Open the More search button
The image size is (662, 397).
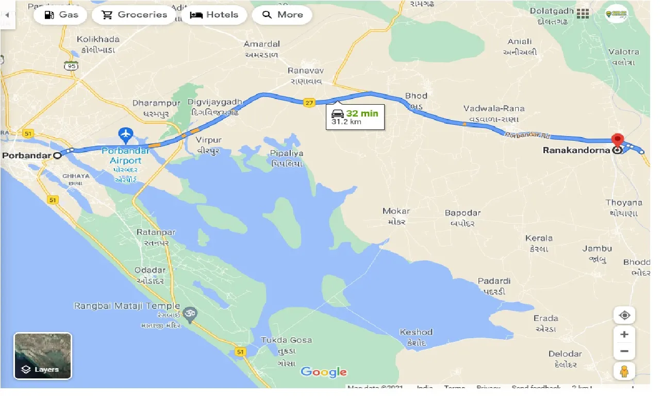point(282,15)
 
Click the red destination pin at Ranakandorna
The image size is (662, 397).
point(617,141)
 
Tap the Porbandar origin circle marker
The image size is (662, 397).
point(57,155)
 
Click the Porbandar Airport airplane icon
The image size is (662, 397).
point(126,136)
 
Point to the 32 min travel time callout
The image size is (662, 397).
point(355,117)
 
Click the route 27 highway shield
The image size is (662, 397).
point(309,103)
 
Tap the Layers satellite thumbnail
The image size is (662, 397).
point(43,356)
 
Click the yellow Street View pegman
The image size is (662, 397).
point(624,371)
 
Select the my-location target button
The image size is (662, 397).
point(624,316)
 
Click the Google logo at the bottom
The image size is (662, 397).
point(324,372)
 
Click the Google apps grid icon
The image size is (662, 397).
point(583,14)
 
